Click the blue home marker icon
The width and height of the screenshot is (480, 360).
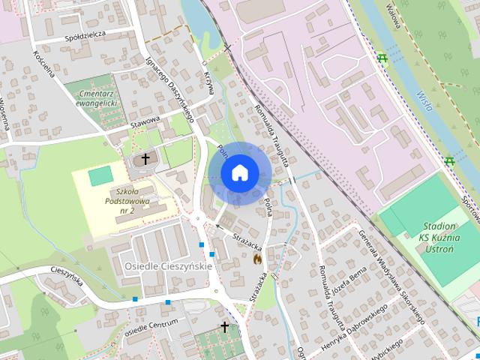pyautogui.click(x=238, y=173)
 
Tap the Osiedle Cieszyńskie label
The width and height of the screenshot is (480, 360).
pyautogui.click(x=169, y=266)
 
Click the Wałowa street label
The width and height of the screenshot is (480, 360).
pyautogui.click(x=392, y=16)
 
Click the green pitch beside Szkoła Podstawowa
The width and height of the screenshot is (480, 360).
pyautogui.click(x=98, y=177)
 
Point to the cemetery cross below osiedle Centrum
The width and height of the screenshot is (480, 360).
pyautogui.click(x=224, y=327)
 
